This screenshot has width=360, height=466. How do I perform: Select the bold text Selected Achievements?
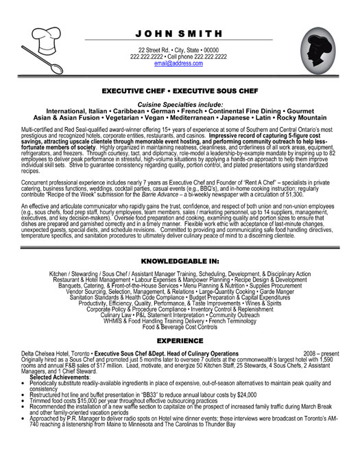click(63, 377)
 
